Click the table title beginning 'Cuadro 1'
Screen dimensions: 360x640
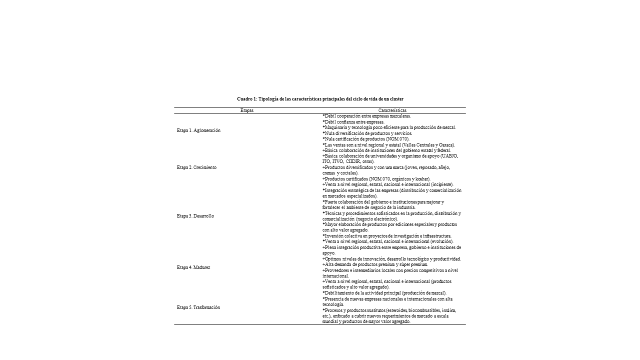point(320,99)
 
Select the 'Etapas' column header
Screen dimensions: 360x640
point(247,110)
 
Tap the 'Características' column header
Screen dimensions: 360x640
point(392,110)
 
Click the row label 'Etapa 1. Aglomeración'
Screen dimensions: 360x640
point(198,130)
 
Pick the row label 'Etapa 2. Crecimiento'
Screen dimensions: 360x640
point(196,167)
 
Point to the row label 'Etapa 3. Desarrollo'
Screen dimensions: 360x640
point(195,216)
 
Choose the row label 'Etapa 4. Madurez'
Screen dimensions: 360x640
point(193,267)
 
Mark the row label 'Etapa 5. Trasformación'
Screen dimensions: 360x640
point(198,307)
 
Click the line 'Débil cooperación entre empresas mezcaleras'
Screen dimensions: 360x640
point(367,116)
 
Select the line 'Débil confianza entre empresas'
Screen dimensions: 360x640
point(353,122)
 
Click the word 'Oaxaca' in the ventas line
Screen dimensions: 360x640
point(444,145)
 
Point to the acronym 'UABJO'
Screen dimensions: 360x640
point(449,156)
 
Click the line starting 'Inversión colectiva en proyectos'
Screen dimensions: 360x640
point(387,236)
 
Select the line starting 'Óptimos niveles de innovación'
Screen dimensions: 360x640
point(392,259)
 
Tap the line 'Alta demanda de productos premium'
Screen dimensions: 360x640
point(375,264)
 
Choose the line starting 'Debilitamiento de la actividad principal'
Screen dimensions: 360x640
point(385,293)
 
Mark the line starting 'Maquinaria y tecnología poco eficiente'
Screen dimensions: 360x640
point(389,127)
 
